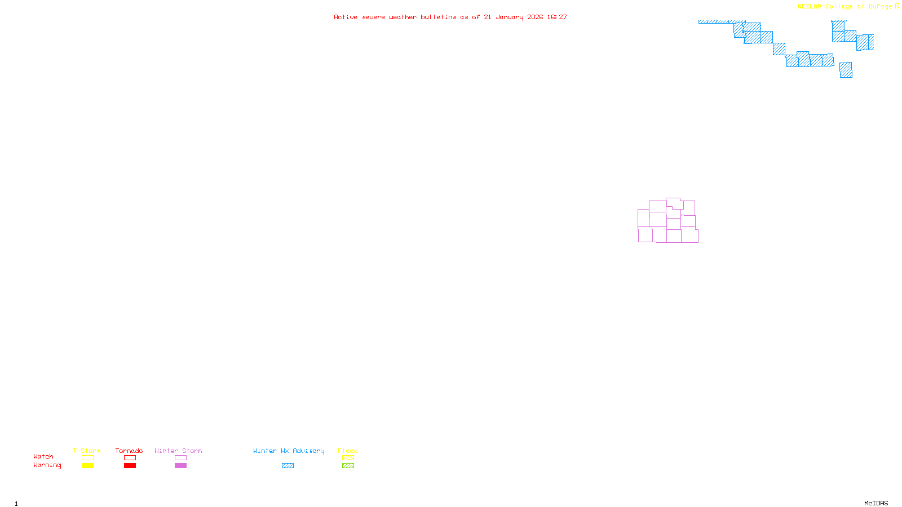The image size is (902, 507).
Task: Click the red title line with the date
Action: point(450,17)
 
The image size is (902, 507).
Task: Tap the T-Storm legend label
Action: point(87,451)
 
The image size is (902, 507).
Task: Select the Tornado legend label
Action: point(129,451)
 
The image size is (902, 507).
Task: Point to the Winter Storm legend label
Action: point(178,451)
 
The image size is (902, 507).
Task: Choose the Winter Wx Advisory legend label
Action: point(289,451)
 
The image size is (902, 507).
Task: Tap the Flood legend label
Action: point(348,451)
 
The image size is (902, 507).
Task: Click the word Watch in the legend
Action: point(43,456)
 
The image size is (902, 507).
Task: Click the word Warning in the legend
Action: point(47,465)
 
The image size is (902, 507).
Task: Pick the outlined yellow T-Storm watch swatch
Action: point(87,458)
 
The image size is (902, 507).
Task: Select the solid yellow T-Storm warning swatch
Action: point(87,466)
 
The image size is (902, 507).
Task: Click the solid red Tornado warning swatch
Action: point(130,466)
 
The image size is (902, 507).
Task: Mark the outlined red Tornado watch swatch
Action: point(130,458)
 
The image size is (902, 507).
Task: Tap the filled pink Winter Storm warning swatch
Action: point(180,466)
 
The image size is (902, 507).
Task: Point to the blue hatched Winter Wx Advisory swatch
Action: point(288,466)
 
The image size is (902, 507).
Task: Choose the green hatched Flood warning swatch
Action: point(348,466)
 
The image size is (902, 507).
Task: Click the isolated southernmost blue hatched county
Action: point(846,70)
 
